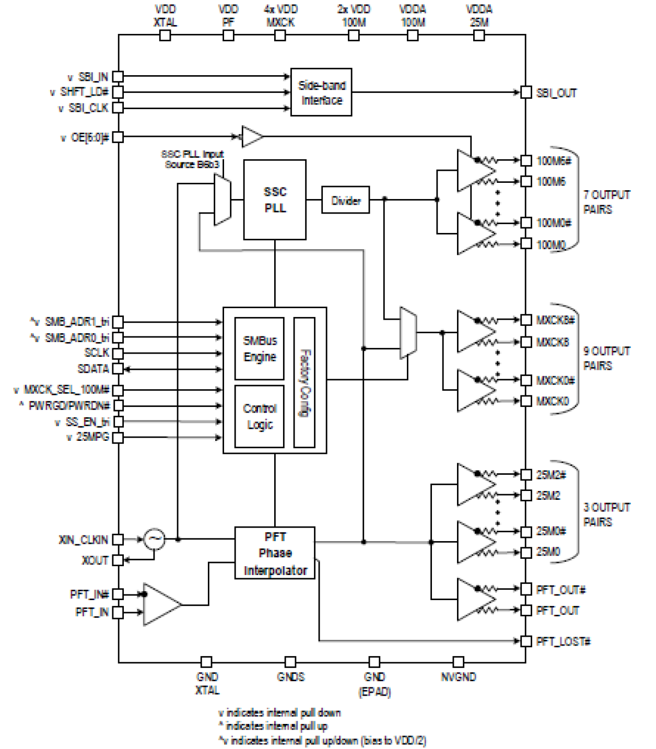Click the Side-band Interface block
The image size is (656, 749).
(321, 92)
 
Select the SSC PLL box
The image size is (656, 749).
(275, 200)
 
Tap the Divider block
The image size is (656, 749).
(345, 200)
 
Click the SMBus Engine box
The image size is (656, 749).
(259, 348)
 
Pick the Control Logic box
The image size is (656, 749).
(259, 416)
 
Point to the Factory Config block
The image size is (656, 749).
(304, 382)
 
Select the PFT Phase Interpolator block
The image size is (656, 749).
(275, 553)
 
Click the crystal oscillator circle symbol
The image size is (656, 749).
(155, 539)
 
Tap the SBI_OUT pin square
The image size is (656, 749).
(526, 92)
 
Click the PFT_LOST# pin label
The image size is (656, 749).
(563, 641)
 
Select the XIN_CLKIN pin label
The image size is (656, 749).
(84, 540)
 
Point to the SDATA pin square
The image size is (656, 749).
(118, 369)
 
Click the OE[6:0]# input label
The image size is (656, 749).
(90, 137)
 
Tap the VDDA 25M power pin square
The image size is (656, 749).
(479, 36)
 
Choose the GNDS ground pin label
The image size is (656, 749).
(290, 677)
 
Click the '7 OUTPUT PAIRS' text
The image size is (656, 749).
(606, 202)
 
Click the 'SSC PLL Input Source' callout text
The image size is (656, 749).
(192, 159)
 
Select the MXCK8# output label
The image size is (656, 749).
(555, 320)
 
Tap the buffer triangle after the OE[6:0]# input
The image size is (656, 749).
(251, 137)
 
